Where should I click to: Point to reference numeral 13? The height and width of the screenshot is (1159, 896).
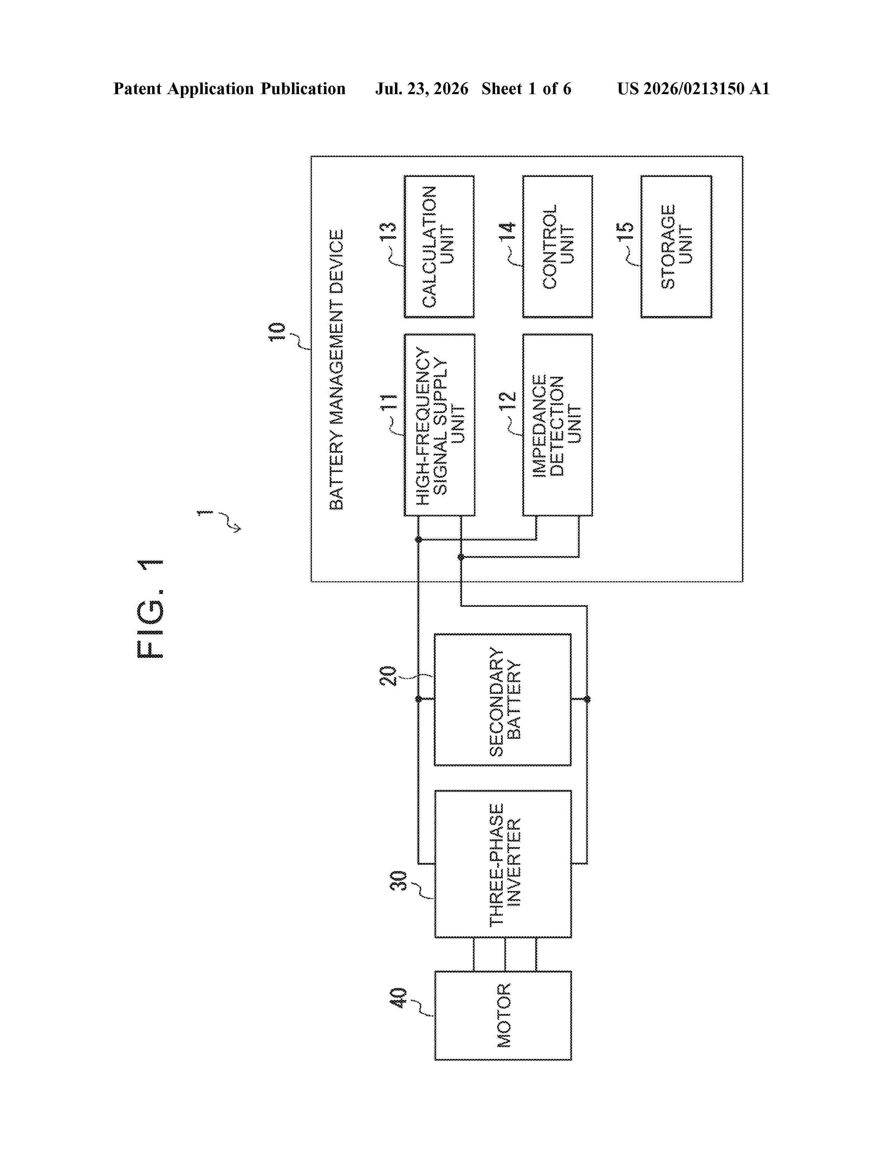388,232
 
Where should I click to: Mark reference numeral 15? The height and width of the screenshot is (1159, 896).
625,232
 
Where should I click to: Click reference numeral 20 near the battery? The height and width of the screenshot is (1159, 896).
388,675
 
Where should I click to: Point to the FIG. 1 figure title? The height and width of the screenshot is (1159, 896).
150,609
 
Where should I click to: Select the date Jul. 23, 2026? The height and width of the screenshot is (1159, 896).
422,89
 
